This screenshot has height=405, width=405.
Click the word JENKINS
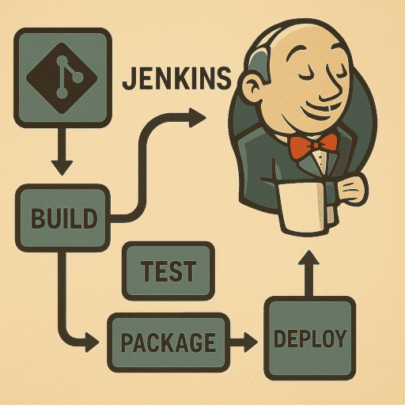point(176,78)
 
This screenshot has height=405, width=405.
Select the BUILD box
point(62,218)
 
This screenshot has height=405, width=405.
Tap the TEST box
point(168,271)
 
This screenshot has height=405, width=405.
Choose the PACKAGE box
point(168,343)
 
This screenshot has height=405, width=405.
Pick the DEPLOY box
point(310,338)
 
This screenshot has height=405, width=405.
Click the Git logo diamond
point(62,78)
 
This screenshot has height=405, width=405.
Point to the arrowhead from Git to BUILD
point(62,167)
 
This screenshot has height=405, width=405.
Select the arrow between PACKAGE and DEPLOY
point(244,343)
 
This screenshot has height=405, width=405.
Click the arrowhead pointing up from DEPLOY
point(308,259)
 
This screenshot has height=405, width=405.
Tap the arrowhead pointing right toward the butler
point(197,118)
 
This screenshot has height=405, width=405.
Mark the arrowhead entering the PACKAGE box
point(92,343)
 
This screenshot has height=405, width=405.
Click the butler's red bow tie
point(313,146)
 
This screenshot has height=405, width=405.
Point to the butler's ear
point(252,89)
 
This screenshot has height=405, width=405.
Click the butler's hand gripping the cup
point(353,189)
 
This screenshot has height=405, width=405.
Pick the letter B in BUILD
point(37,218)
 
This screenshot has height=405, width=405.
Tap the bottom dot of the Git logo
point(62,93)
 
